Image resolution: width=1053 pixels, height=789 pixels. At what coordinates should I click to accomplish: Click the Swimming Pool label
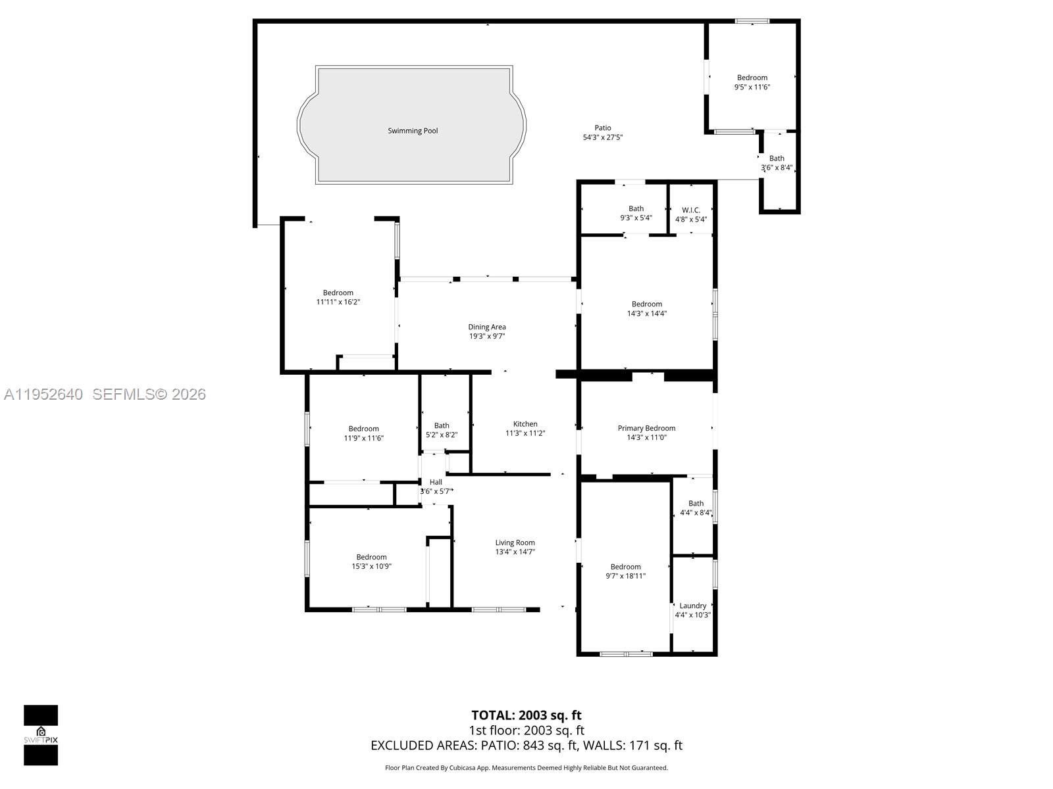pyautogui.click(x=413, y=131)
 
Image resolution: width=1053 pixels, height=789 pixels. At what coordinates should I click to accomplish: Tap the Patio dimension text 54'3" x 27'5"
pyautogui.click(x=602, y=138)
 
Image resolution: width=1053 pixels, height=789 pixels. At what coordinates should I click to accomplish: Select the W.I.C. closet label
pyautogui.click(x=691, y=210)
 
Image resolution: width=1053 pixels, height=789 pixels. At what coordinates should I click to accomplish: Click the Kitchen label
pyautogui.click(x=525, y=424)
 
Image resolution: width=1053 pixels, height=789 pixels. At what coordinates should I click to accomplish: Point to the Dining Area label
pyautogui.click(x=487, y=327)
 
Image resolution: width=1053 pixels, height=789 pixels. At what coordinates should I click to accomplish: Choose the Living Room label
pyautogui.click(x=515, y=543)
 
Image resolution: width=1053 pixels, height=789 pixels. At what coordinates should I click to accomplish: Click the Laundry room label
pyautogui.click(x=692, y=606)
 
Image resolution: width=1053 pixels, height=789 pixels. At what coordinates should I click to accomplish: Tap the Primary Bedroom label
pyautogui.click(x=646, y=429)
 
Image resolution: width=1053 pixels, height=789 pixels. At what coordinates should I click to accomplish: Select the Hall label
pyautogui.click(x=436, y=483)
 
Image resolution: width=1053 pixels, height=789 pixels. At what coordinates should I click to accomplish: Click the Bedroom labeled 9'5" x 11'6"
pyautogui.click(x=752, y=78)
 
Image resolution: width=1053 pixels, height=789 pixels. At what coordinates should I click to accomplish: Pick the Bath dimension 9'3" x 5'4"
pyautogui.click(x=636, y=218)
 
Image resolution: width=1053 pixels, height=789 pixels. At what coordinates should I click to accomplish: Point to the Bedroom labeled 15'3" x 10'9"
pyautogui.click(x=371, y=558)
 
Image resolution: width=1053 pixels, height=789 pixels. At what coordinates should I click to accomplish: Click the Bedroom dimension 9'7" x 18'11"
pyautogui.click(x=625, y=577)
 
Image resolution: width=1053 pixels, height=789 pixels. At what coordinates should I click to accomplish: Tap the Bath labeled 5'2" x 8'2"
pyautogui.click(x=442, y=426)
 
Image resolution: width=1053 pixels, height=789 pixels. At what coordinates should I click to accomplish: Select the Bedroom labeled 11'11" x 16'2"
pyautogui.click(x=338, y=293)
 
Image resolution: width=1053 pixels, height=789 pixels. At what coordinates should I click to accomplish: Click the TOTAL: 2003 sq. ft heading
pyautogui.click(x=526, y=715)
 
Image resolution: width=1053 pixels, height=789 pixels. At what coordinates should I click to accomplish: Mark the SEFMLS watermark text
pyautogui.click(x=149, y=394)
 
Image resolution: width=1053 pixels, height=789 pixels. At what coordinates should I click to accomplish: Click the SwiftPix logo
pyautogui.click(x=41, y=735)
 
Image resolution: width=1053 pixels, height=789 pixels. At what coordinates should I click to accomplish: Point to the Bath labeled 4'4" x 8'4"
pyautogui.click(x=696, y=504)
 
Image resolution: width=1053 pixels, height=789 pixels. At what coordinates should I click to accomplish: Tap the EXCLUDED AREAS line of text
pyautogui.click(x=526, y=746)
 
